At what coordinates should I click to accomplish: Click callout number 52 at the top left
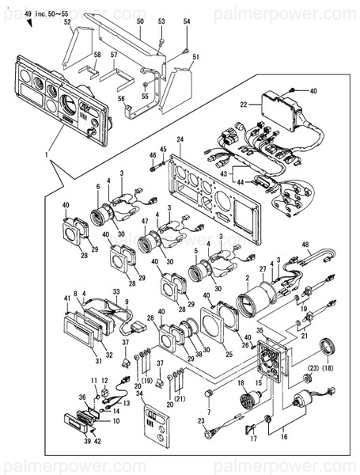pyautogui.click(x=67, y=23)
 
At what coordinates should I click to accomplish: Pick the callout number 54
pyautogui.click(x=187, y=21)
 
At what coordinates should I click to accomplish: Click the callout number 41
pyautogui.click(x=66, y=298)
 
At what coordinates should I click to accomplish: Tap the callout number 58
pyautogui.click(x=97, y=55)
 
